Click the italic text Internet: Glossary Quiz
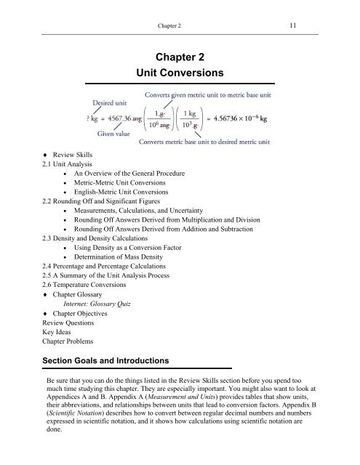pyautogui.click(x=94, y=326)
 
